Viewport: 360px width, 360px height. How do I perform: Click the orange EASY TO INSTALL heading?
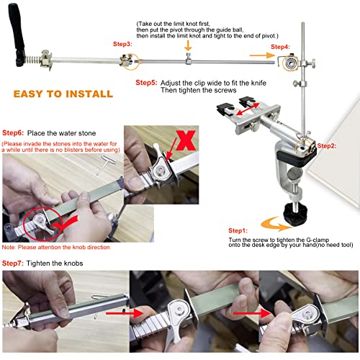point(63,94)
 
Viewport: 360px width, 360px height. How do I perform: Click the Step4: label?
point(280,46)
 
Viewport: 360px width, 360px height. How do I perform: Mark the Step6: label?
point(14,133)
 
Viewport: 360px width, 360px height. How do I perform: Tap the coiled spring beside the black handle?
point(32,57)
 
